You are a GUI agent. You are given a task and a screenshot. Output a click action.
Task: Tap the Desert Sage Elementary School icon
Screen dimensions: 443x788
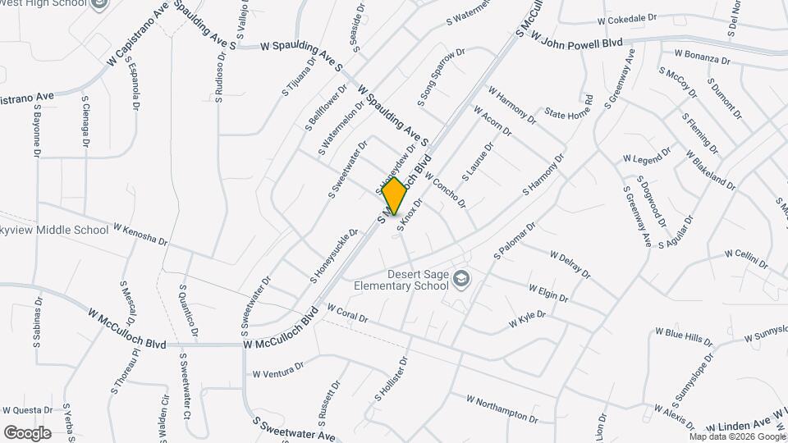462,280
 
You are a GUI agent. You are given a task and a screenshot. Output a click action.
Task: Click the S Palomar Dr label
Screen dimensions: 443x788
515,240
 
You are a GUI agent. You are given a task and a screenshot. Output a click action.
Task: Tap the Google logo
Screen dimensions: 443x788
27,432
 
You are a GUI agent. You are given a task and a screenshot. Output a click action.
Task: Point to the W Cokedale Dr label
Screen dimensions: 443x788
628,17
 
